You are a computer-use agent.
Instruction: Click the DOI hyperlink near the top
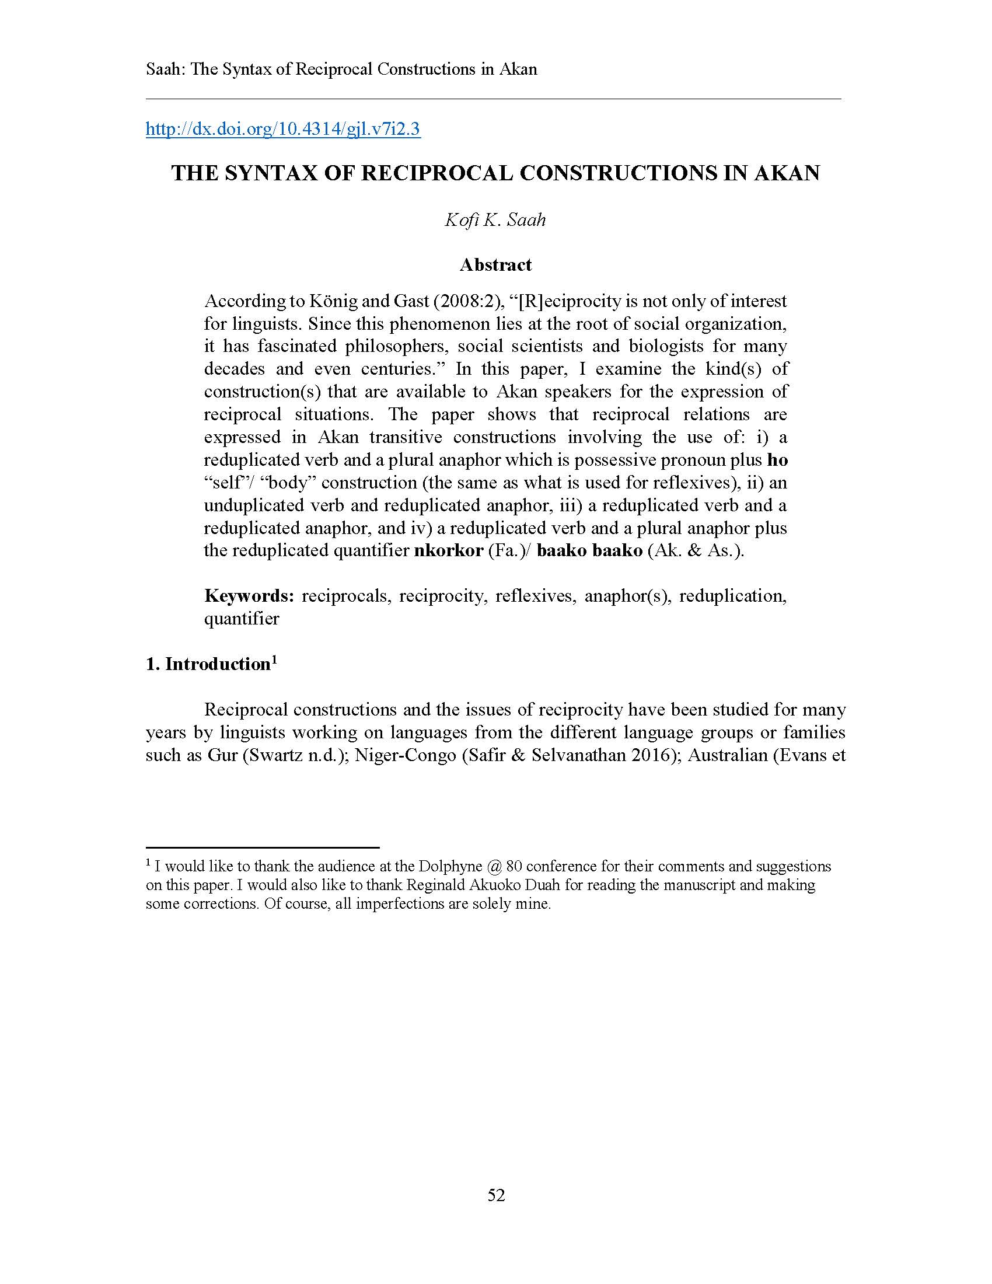(282, 129)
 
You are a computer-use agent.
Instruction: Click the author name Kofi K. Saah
(495, 220)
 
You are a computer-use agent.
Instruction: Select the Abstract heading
(495, 265)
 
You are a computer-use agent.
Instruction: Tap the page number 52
(496, 1195)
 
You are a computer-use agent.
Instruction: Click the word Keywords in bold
(249, 596)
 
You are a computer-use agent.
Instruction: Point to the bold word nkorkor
(448, 551)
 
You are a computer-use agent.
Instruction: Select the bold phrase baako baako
(589, 551)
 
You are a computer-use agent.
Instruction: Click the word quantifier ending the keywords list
(242, 619)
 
